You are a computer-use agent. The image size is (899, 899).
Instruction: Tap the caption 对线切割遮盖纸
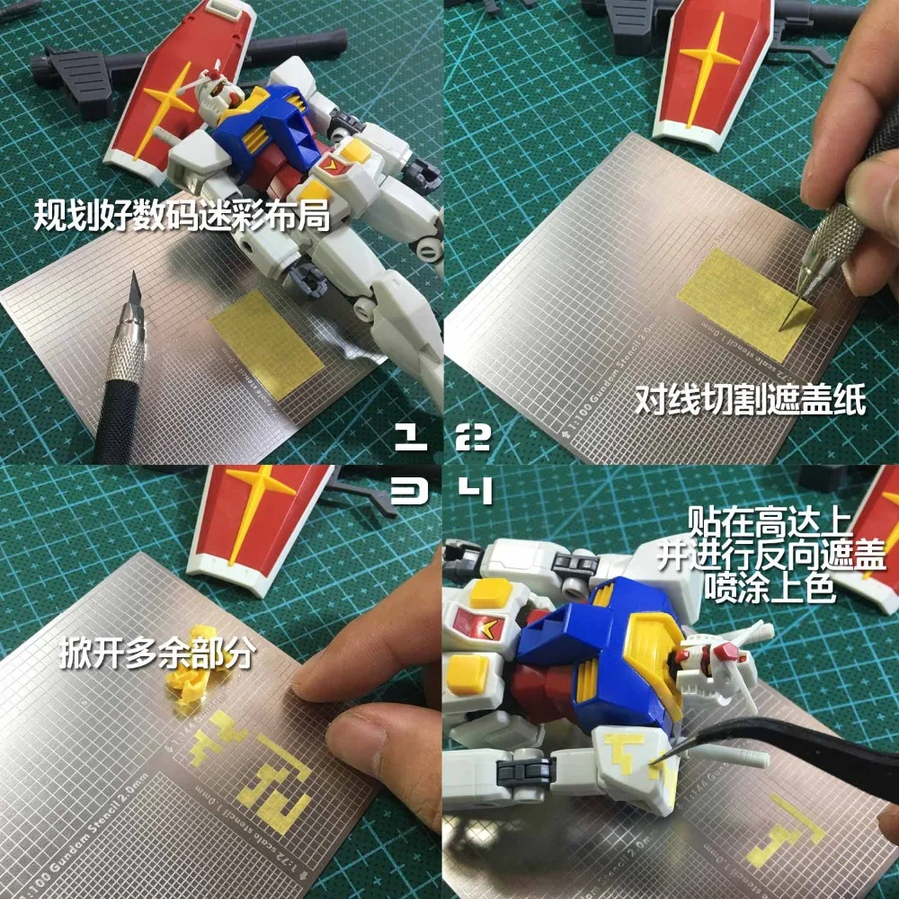point(750,400)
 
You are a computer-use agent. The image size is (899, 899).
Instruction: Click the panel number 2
point(474,438)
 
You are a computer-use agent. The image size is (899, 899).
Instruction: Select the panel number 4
point(474,491)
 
